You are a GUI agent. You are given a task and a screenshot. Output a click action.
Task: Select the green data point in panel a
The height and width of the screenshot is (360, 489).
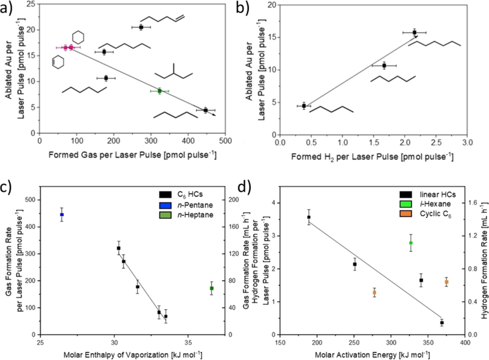tap(159, 91)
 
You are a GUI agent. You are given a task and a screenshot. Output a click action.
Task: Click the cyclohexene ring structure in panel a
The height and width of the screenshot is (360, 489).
tap(58, 62)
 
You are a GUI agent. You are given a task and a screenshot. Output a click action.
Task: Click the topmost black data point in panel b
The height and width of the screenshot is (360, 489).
tap(415, 32)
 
